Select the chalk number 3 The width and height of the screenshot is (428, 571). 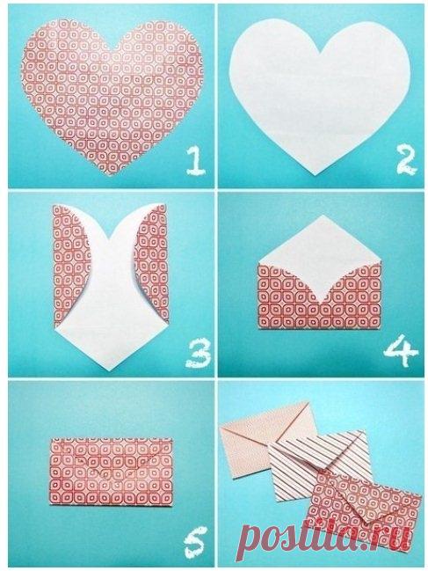click(x=199, y=353)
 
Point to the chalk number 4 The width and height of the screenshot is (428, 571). click(x=401, y=352)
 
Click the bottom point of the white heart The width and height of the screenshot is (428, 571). click(x=316, y=175)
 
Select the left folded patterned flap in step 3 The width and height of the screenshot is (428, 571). click(x=71, y=262)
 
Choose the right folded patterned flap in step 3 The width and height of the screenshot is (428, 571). click(x=153, y=262)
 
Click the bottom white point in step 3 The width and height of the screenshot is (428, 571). click(x=111, y=370)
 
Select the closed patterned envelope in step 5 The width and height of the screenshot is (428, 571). click(x=111, y=472)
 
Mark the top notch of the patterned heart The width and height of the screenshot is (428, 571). click(x=113, y=49)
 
